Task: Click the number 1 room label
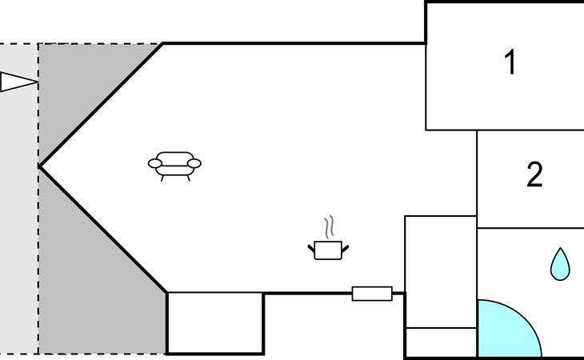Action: coord(510,62)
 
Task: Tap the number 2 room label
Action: coord(534,174)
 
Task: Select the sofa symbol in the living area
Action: coord(174,166)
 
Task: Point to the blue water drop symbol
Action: coord(560,265)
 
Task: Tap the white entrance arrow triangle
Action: coord(18,82)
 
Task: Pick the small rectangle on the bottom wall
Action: coord(372,294)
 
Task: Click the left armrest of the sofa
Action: coord(155,163)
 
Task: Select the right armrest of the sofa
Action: coord(194,163)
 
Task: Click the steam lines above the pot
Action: coord(329,227)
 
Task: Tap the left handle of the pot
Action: coord(311,248)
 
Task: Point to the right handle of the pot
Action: coord(346,249)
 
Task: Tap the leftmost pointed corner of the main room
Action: coord(39,167)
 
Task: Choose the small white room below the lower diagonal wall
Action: coord(216,323)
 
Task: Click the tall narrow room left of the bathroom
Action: coord(441,272)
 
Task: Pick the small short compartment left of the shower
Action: coord(441,342)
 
